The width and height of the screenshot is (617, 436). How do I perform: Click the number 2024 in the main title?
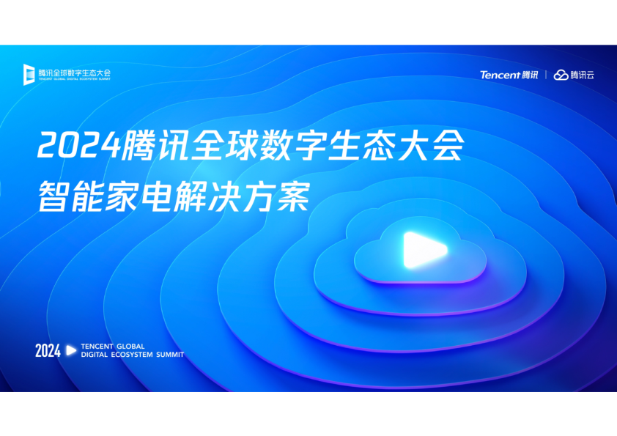[x=78, y=145]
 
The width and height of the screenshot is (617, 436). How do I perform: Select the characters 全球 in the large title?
[x=224, y=145]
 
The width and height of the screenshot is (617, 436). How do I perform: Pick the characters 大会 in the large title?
[x=431, y=145]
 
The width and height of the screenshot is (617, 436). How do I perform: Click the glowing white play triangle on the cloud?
[x=423, y=251]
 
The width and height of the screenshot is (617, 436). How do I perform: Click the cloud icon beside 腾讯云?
[x=561, y=75]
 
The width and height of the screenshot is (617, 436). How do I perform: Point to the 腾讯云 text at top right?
[x=582, y=75]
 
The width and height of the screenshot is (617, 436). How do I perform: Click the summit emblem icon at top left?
[x=29, y=74]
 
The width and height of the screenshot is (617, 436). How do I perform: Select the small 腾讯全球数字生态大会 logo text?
[x=74, y=73]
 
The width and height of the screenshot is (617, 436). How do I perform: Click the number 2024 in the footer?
[x=48, y=350]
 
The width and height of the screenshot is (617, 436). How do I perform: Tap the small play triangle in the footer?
[x=71, y=350]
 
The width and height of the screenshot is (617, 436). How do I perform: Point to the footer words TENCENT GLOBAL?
[x=113, y=347]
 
